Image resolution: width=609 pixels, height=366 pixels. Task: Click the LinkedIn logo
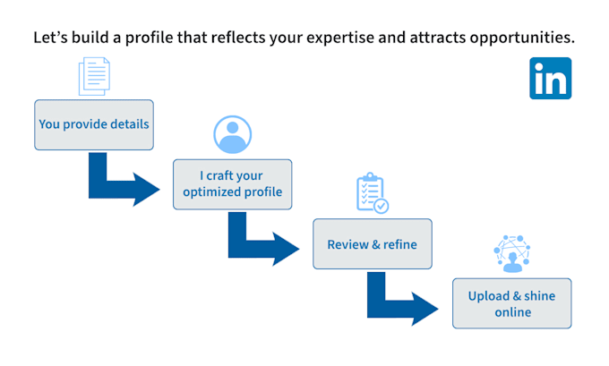click(550, 78)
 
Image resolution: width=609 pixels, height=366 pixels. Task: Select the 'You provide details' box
click(94, 124)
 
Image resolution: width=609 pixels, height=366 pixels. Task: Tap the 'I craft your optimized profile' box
click(232, 184)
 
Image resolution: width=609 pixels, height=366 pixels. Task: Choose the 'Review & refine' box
click(372, 243)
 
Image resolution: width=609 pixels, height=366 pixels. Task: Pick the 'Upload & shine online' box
click(512, 303)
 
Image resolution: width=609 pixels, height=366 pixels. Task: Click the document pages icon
click(94, 76)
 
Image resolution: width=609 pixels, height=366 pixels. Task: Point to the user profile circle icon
click(232, 134)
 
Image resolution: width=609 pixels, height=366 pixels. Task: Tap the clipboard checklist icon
click(372, 193)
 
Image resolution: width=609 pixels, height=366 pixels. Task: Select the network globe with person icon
click(512, 253)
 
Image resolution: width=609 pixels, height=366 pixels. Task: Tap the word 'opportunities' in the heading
click(522, 38)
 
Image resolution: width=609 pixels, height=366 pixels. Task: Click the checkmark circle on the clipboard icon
click(381, 206)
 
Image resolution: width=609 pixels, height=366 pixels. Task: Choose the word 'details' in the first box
click(130, 124)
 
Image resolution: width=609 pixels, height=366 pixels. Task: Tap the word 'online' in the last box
click(512, 312)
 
